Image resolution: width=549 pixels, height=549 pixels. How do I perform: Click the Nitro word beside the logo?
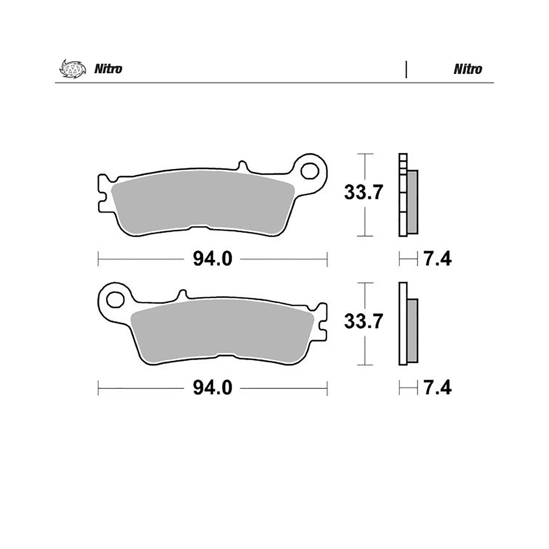[108, 69]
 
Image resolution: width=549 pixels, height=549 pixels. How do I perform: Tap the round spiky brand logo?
[72, 69]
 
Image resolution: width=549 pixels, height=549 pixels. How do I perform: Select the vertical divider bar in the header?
[406, 69]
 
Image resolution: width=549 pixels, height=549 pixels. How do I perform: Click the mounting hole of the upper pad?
[310, 171]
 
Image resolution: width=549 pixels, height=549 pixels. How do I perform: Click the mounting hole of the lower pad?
[115, 299]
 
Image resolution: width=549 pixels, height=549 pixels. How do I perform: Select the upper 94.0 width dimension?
[212, 259]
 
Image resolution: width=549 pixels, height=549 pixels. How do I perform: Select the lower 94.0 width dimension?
[212, 388]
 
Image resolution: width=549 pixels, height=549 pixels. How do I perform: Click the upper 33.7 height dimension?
[363, 193]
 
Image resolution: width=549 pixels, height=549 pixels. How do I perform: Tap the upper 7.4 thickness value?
[437, 259]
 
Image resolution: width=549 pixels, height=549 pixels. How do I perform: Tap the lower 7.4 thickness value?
[437, 388]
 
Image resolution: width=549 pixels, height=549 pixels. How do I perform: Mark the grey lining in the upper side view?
[412, 202]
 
